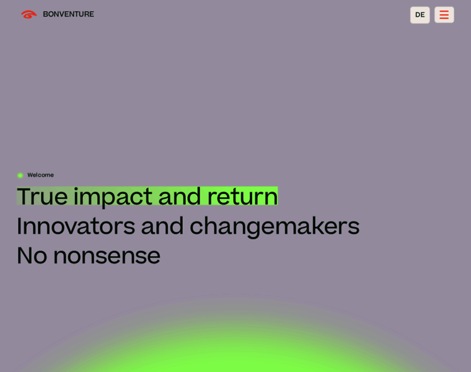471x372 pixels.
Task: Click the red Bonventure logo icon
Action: click(29, 14)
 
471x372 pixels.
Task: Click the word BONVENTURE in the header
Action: click(69, 14)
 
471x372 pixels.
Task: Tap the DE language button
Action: click(420, 15)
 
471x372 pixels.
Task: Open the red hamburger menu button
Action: click(444, 15)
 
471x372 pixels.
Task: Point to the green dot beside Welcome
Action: click(20, 175)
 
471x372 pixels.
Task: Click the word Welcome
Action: click(40, 175)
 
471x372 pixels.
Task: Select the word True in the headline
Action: click(42, 197)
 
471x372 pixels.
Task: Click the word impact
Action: click(113, 197)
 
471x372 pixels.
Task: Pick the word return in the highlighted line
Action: click(242, 197)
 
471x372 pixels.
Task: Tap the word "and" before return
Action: click(179, 197)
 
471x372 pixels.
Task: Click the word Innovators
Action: click(76, 226)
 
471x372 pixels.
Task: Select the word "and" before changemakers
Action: click(162, 226)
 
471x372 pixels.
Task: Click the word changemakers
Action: click(275, 227)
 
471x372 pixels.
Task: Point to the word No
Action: click(32, 255)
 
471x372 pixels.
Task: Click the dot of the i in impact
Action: click(76, 188)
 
